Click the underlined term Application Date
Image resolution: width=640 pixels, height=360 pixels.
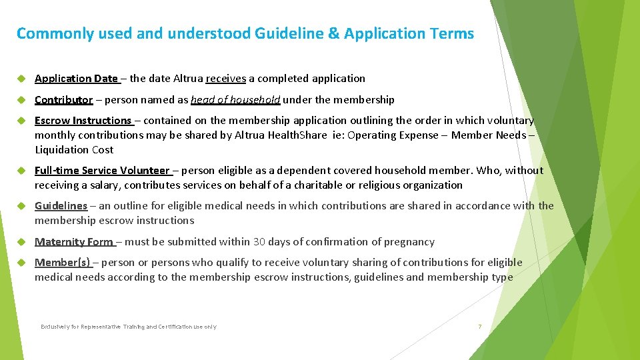[x=76, y=79]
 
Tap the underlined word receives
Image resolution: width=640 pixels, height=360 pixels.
[x=226, y=79]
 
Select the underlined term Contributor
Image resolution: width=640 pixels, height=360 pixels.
[x=64, y=100]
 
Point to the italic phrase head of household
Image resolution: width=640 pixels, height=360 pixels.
[x=235, y=100]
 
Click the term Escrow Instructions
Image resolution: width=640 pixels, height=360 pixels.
[x=83, y=121]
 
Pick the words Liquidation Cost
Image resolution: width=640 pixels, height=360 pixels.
[x=74, y=149]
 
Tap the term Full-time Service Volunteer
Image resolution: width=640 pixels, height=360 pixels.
[x=102, y=171]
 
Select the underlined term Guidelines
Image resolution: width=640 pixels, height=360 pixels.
[x=61, y=206]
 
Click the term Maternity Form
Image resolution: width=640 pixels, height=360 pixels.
[x=74, y=242]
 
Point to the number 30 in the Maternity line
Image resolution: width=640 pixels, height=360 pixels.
[x=258, y=242]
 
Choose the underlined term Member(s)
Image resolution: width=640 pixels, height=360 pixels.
[x=63, y=263]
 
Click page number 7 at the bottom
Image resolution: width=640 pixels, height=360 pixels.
[x=479, y=327]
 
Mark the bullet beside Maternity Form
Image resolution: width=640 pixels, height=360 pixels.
[x=21, y=242]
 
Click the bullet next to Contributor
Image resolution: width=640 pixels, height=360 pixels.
[x=21, y=100]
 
